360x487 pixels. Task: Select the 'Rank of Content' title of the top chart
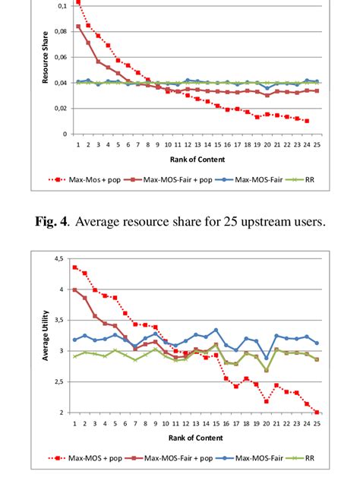click(x=197, y=159)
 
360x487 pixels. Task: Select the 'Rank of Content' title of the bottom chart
click(x=197, y=438)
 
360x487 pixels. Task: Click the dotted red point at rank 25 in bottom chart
click(x=316, y=412)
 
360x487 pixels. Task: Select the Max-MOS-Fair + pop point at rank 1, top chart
click(x=78, y=27)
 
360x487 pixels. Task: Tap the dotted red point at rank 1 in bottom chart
click(x=74, y=267)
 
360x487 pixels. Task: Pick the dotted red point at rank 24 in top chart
click(x=306, y=121)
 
